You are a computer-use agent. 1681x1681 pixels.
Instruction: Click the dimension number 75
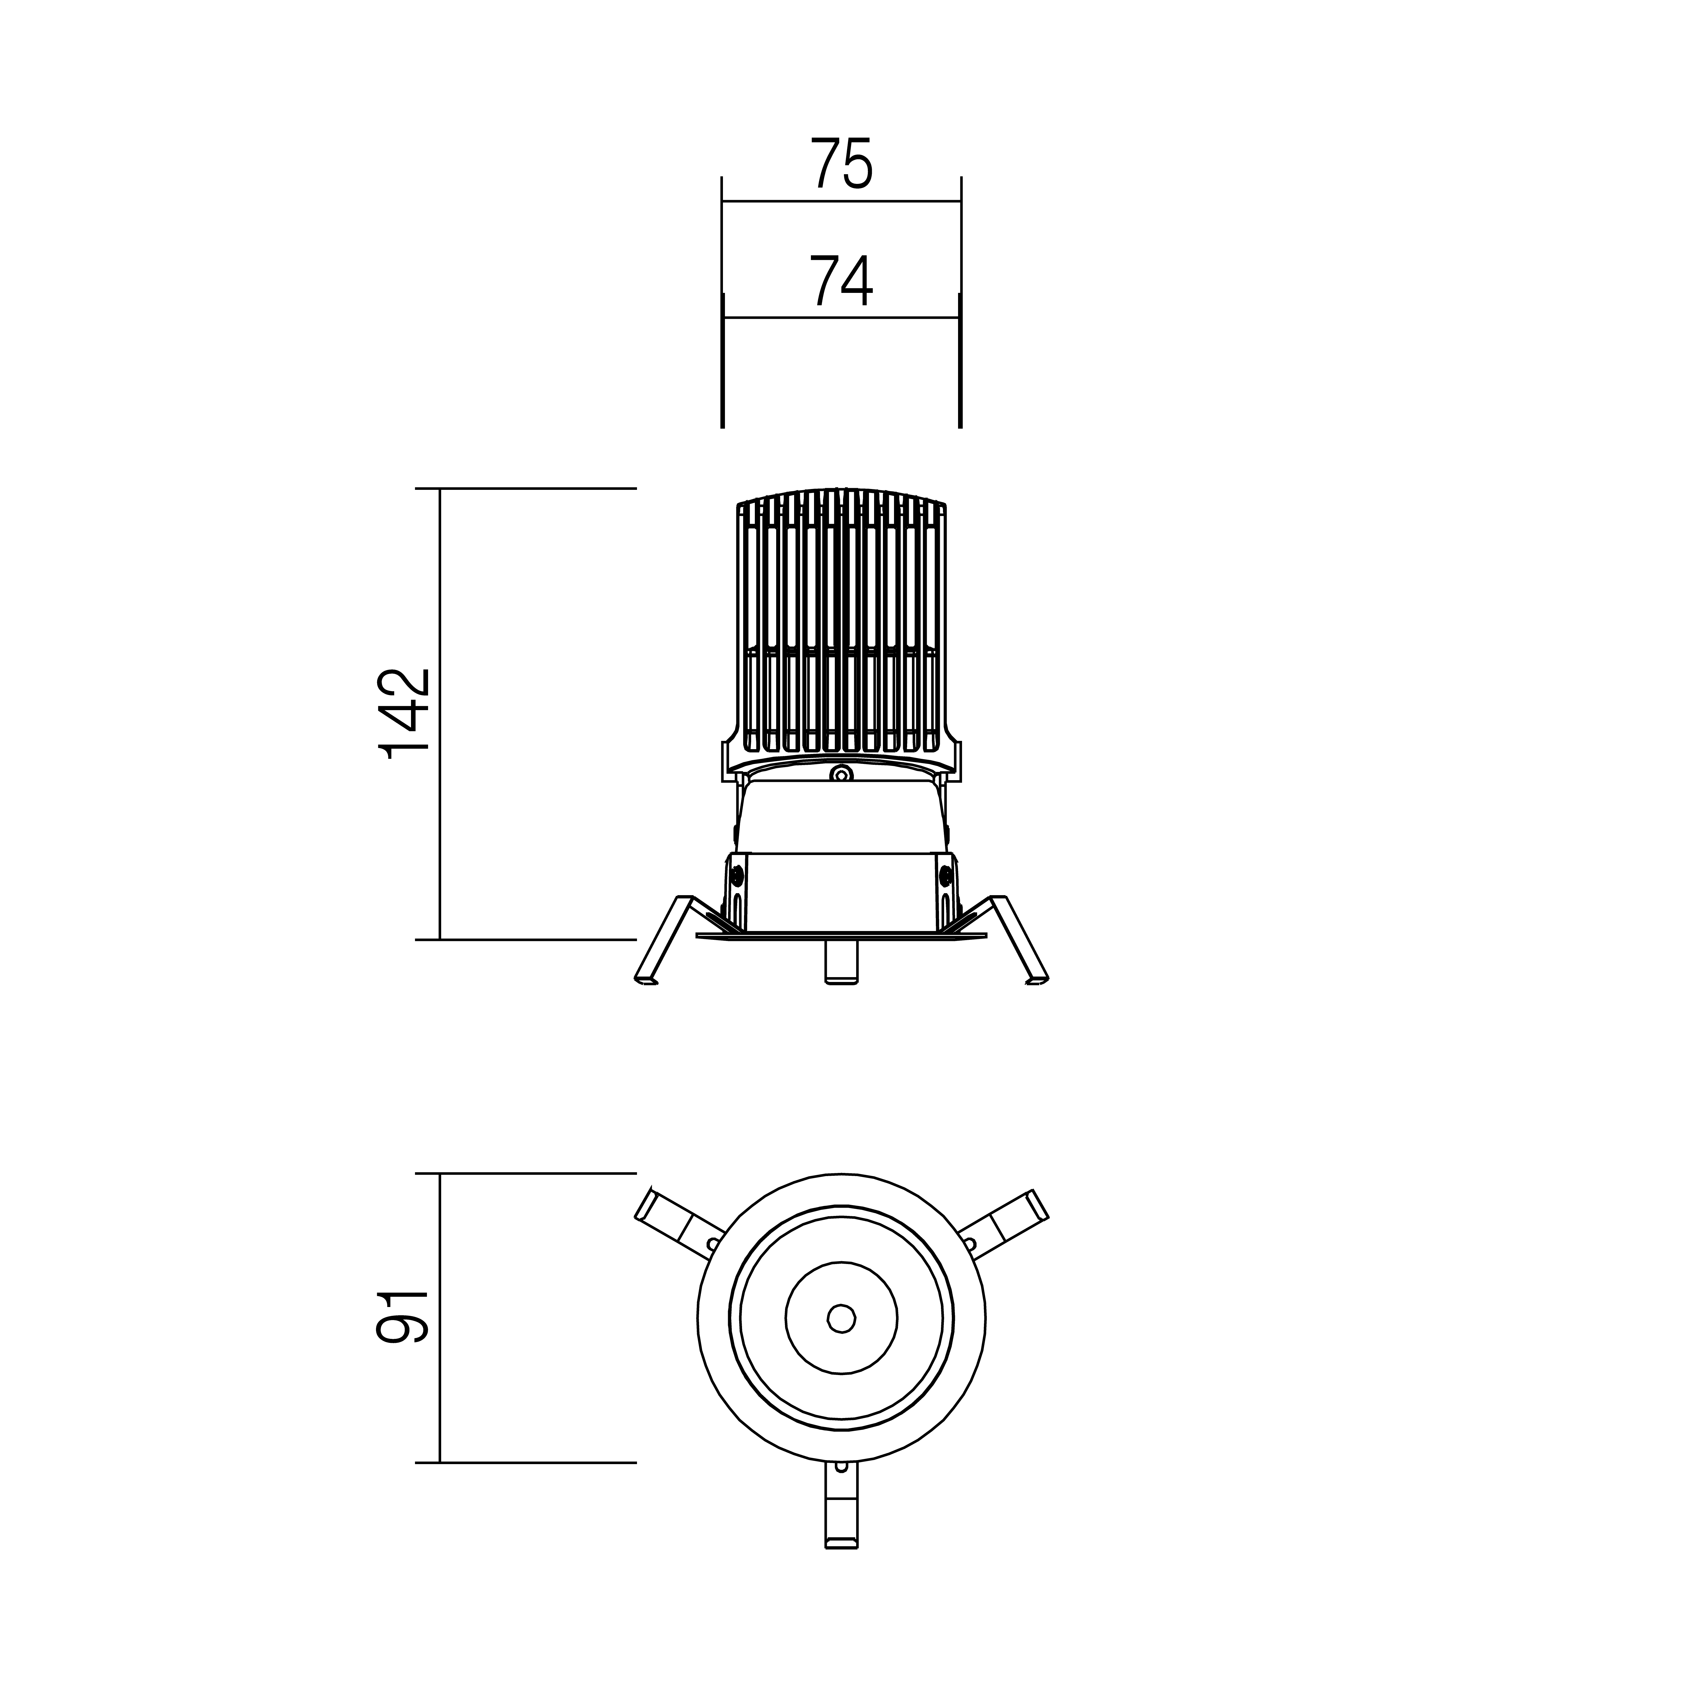click(841, 164)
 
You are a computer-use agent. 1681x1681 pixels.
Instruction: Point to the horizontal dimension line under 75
click(841, 201)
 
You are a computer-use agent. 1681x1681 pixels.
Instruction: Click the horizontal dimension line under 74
click(841, 318)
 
